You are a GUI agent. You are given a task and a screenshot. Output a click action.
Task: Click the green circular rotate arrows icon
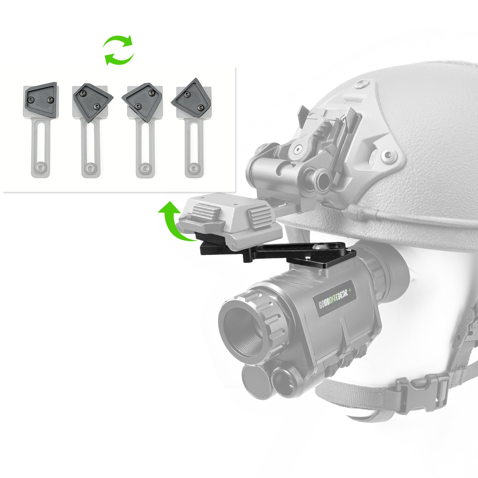[x=119, y=50]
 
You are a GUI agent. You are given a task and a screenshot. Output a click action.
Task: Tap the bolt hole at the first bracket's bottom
[x=40, y=168]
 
